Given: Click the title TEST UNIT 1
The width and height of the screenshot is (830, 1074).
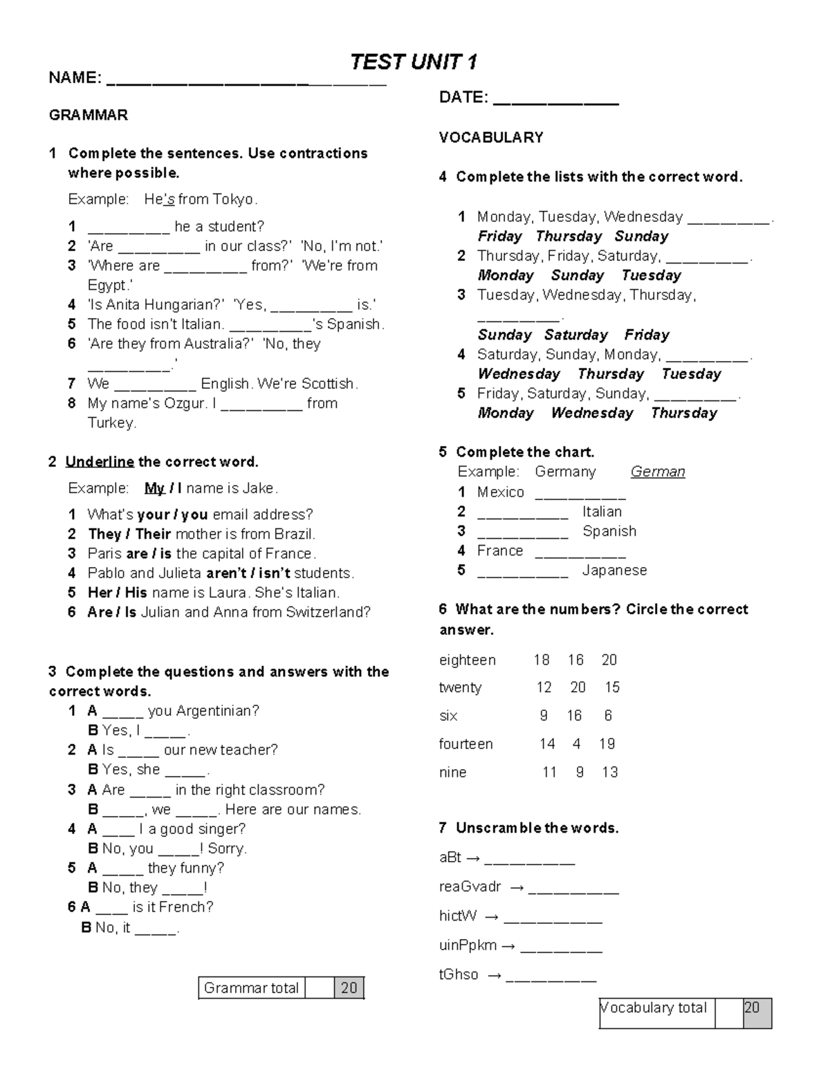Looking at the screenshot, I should (413, 62).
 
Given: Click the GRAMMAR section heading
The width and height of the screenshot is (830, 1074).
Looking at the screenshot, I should (88, 115).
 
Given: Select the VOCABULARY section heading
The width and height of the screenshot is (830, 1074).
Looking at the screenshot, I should (491, 138).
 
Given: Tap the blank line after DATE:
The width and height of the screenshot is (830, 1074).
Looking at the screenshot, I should (557, 99).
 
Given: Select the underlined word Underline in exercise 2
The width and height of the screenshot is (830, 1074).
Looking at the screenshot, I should (100, 462).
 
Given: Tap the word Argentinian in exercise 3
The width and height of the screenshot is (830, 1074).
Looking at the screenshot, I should (217, 711).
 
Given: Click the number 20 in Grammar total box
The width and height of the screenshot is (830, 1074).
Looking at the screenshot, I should (349, 988).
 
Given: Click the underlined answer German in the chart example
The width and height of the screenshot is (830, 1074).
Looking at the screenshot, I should (658, 472).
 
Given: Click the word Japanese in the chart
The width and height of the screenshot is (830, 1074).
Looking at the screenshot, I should (614, 571).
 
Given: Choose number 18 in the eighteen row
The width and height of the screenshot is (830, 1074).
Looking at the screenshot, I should (541, 660).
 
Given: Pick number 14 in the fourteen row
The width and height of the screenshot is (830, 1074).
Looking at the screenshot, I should (547, 744).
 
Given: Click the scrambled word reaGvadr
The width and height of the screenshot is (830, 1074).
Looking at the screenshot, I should (470, 887).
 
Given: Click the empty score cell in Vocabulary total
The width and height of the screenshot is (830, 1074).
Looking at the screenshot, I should (728, 1013).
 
